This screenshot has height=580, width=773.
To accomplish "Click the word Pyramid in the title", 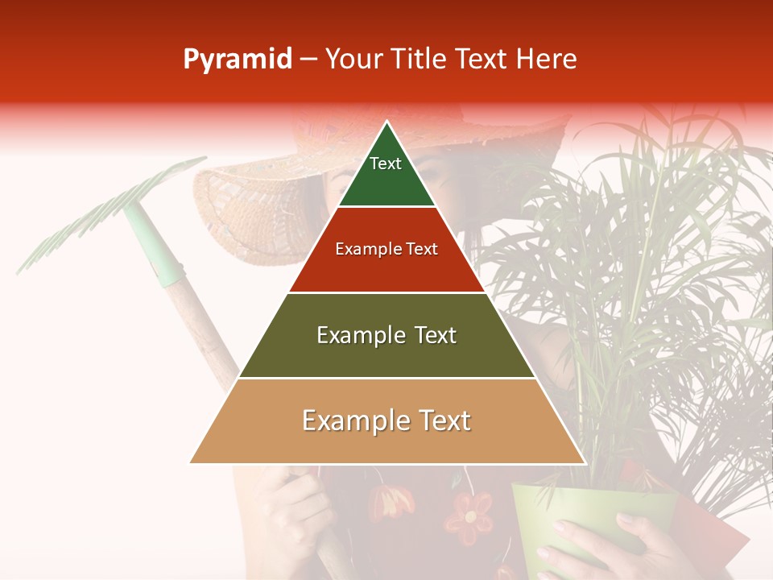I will [x=238, y=60].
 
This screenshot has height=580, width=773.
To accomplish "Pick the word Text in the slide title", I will [x=483, y=60].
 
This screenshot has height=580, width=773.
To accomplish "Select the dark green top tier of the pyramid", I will [x=386, y=181].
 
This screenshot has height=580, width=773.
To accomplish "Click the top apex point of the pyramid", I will [x=387, y=123].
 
